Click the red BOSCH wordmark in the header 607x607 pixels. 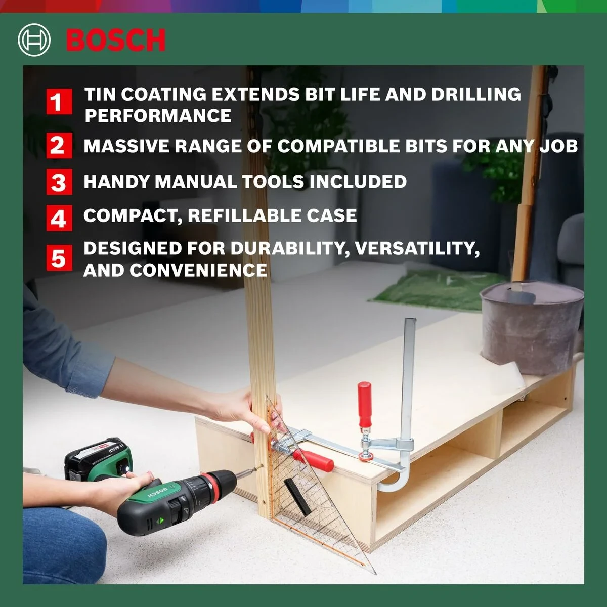tap(115, 40)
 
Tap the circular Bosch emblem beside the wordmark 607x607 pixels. tap(34, 40)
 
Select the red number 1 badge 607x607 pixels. tap(58, 102)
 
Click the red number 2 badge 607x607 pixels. tap(58, 146)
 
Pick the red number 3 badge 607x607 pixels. tap(58, 182)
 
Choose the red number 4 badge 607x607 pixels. tap(58, 218)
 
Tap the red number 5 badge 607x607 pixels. tap(58, 258)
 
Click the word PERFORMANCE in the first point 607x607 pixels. tap(158, 116)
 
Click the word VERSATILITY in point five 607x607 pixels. tap(417, 249)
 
